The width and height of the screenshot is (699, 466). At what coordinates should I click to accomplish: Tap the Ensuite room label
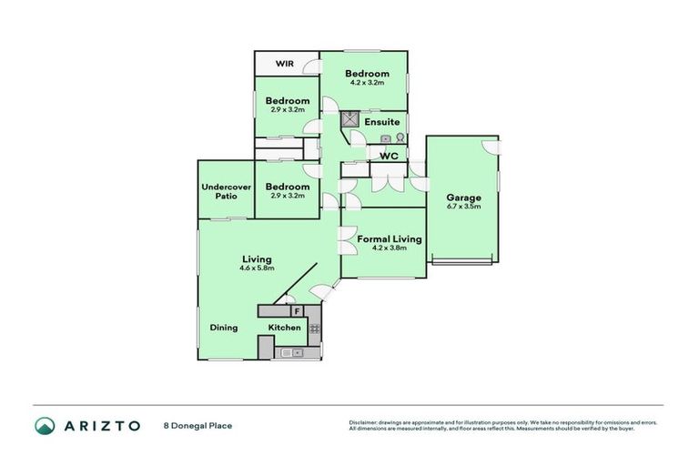tap(381, 122)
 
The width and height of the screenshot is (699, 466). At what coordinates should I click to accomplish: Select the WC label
tap(389, 156)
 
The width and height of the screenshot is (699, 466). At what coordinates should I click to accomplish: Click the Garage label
tap(463, 198)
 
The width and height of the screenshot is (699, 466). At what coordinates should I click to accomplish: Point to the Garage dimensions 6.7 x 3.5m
tap(463, 207)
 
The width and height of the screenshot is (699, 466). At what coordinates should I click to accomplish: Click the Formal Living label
tap(389, 239)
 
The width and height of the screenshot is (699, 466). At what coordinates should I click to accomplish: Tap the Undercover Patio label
tap(226, 191)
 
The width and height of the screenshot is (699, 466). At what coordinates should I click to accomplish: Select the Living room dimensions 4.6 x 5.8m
tap(256, 268)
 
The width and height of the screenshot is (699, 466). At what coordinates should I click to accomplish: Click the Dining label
tap(224, 328)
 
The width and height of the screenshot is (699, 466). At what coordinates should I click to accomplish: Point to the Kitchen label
tap(284, 328)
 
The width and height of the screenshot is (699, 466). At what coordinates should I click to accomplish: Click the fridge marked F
tap(297, 311)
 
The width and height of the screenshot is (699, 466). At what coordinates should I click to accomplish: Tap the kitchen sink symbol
tap(290, 352)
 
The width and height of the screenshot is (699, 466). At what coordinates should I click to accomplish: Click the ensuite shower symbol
tap(349, 118)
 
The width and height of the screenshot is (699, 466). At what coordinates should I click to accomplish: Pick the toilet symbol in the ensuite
tap(400, 137)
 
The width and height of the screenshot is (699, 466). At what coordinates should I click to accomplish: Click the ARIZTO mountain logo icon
tap(45, 425)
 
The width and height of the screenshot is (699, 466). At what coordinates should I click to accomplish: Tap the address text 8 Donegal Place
tap(198, 425)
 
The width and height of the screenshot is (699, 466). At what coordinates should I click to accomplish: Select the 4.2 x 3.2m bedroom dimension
tap(367, 83)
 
